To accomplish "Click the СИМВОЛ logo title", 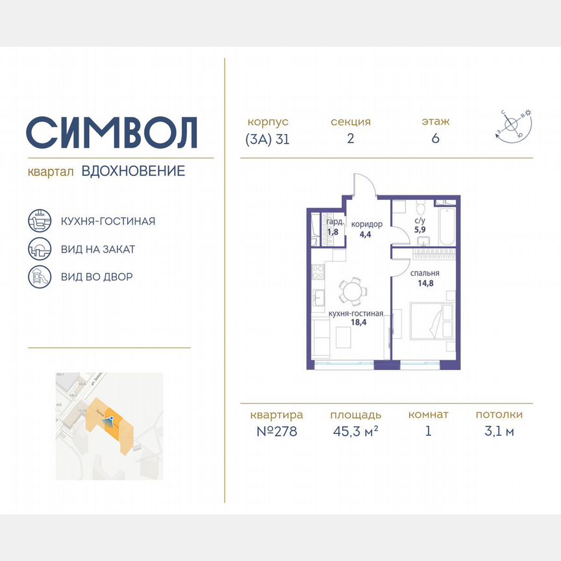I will coord(112,132).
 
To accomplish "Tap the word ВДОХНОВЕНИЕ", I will coord(133,171).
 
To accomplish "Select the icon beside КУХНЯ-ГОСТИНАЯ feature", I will coord(38,221).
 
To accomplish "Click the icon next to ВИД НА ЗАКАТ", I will coord(38,249).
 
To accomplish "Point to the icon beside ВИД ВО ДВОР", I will coord(38,277).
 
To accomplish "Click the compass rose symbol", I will coord(513,125).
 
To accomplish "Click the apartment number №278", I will coord(277,431).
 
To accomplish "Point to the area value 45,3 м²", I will coord(355,431).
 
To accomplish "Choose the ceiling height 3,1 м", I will coord(499,431).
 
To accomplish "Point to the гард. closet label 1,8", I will coord(332,231).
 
